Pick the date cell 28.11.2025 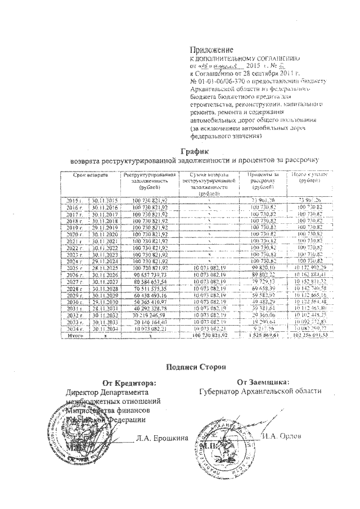pyautogui.click(x=103, y=269)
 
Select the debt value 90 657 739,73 pyautogui.click(x=149, y=276)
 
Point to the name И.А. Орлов pyautogui.click(x=281, y=436)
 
